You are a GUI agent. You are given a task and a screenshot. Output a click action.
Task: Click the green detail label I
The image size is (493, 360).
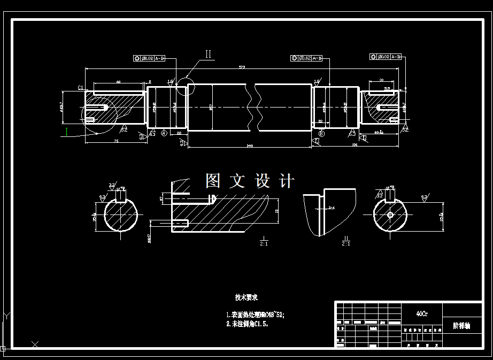[67, 131]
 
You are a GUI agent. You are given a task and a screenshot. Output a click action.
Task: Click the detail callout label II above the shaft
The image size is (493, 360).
[209, 54]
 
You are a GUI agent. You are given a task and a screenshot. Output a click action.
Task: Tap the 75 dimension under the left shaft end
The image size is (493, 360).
[116, 141]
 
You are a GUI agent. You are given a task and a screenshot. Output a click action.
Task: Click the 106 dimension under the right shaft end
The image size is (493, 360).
[354, 144]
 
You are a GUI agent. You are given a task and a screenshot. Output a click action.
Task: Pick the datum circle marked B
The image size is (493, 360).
[321, 133]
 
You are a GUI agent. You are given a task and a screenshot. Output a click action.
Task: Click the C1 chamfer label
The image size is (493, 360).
[80, 87]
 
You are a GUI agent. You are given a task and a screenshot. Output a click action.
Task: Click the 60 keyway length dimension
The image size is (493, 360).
[118, 82]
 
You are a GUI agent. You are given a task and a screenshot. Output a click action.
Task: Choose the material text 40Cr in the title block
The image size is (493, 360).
[421, 313]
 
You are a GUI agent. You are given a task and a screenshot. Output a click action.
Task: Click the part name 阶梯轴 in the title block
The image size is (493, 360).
[461, 325]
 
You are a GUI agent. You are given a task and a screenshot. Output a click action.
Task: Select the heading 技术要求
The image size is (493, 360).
[246, 297]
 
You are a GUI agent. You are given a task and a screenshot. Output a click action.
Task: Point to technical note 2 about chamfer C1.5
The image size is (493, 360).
[247, 324]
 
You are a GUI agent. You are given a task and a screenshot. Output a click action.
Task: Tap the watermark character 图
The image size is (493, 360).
[213, 181]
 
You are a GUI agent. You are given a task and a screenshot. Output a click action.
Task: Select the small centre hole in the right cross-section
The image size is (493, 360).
[390, 215]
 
